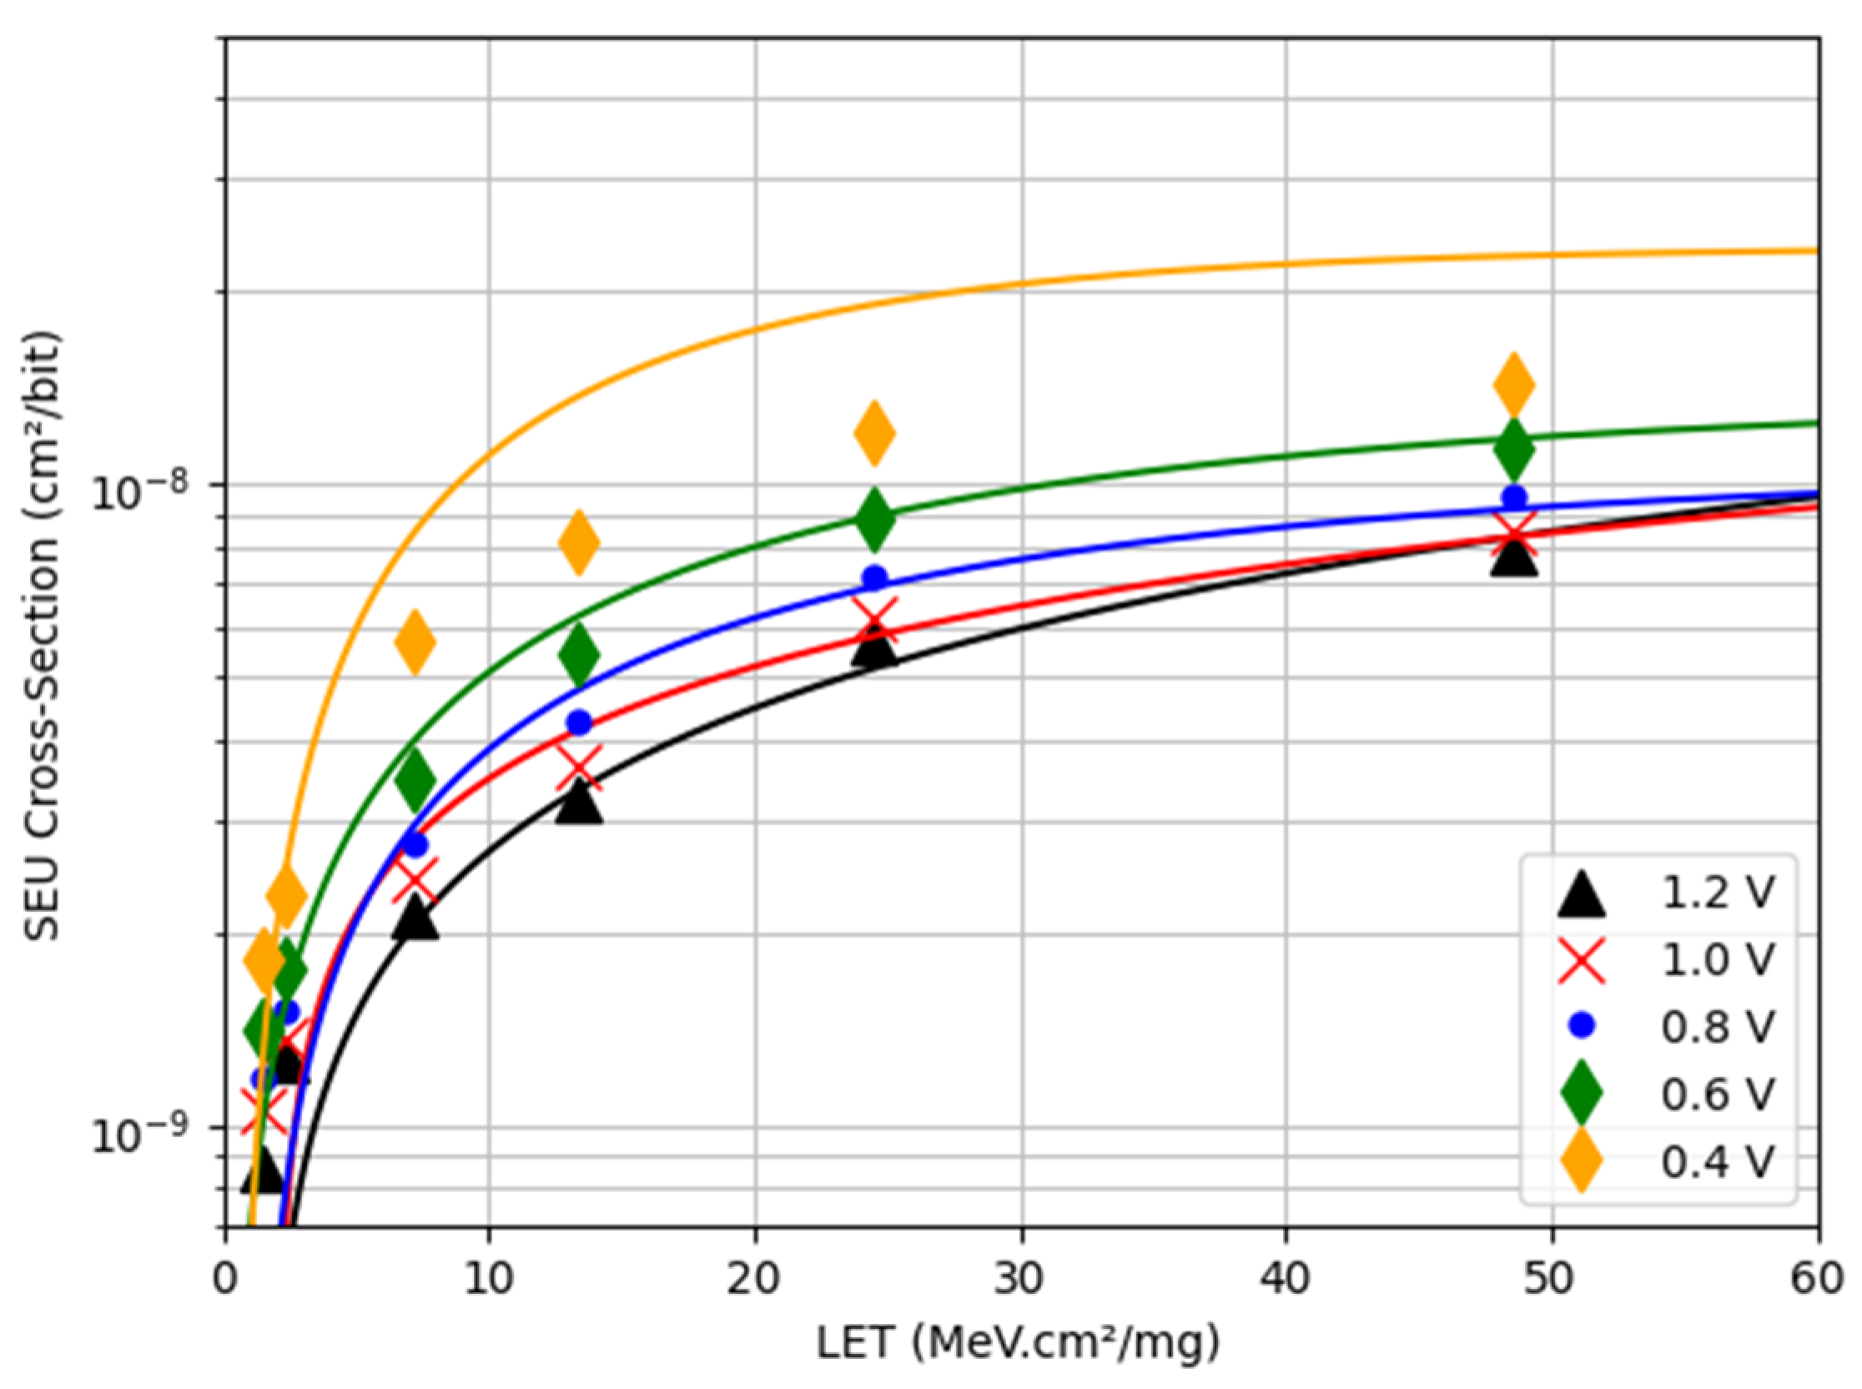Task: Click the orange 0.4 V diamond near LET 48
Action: coord(1513,385)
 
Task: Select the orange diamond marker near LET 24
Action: coord(874,433)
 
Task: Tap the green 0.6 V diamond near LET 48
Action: coord(1513,448)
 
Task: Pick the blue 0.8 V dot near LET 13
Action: coord(579,722)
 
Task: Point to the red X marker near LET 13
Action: coord(579,768)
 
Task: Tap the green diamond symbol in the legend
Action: coord(1581,1094)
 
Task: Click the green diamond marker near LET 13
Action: coord(579,654)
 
